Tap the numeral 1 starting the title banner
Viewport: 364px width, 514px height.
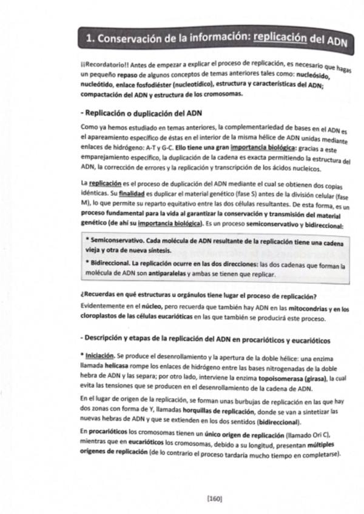[90, 39]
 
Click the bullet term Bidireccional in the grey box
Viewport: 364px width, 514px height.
[111, 265]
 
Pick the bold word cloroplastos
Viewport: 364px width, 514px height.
[100, 319]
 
